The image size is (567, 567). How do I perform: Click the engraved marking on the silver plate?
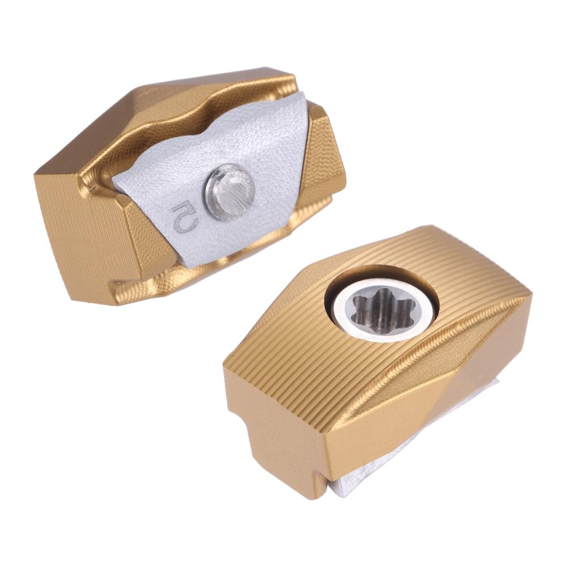pyautogui.click(x=184, y=218)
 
